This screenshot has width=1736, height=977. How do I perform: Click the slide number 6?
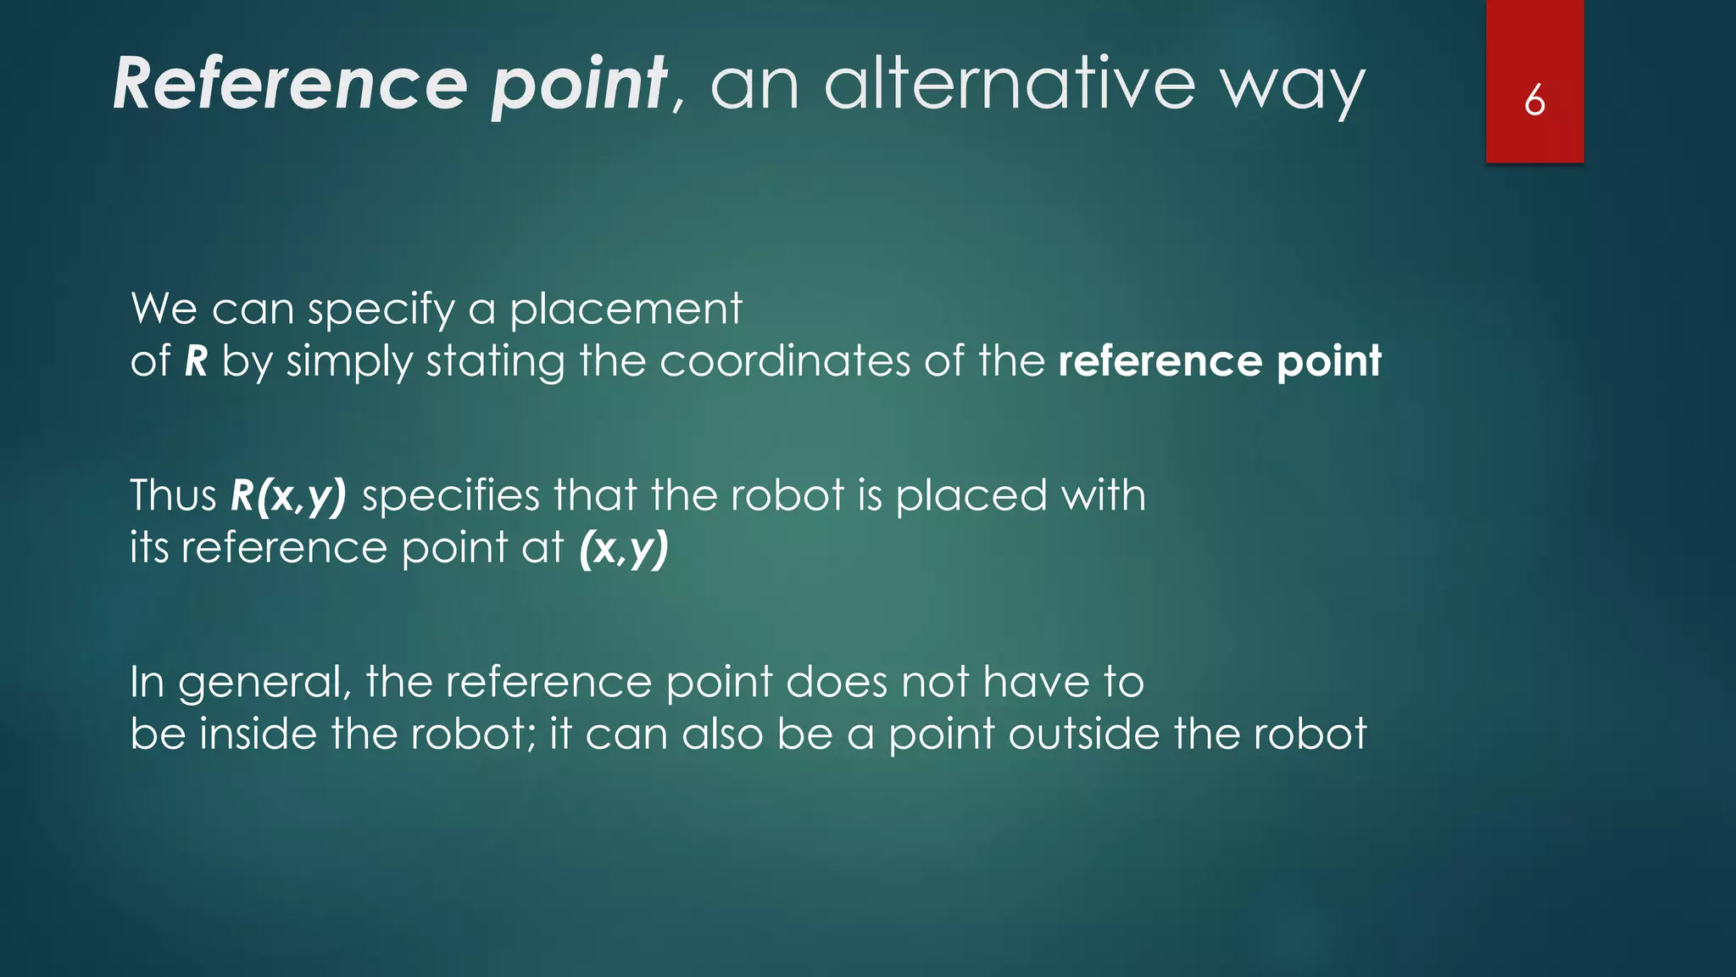1534,101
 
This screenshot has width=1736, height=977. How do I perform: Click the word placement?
626,309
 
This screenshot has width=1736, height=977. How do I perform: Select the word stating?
495,363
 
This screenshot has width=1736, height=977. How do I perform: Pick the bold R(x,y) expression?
288,496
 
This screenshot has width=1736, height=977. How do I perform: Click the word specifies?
450,496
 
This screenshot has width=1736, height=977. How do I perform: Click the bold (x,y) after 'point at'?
624,549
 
